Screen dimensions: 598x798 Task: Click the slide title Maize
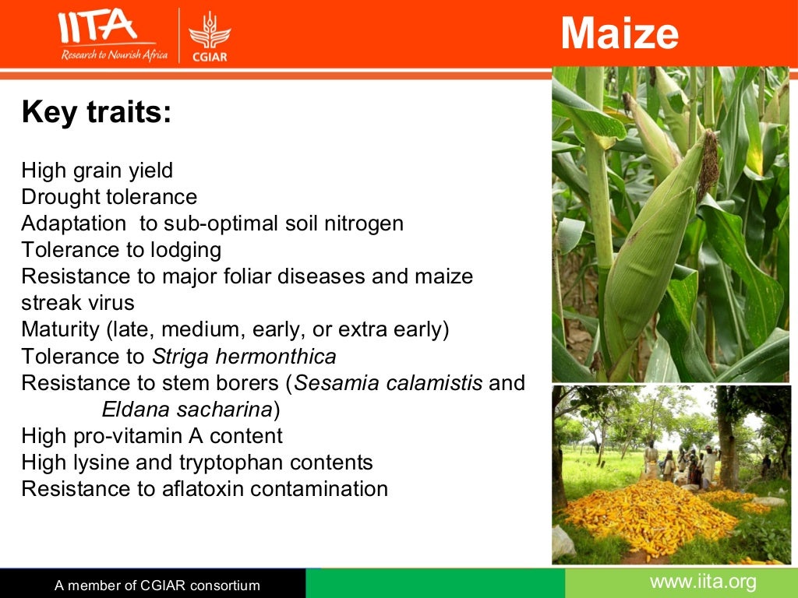pyautogui.click(x=620, y=33)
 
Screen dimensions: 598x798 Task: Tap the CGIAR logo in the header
pyautogui.click(x=210, y=36)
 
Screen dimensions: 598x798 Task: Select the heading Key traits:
pyautogui.click(x=96, y=112)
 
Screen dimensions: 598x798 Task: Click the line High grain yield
pyautogui.click(x=97, y=170)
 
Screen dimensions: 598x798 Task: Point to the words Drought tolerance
pyautogui.click(x=109, y=197)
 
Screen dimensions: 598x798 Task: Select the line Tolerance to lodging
pyautogui.click(x=122, y=250)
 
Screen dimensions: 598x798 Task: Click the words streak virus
pyautogui.click(x=78, y=302)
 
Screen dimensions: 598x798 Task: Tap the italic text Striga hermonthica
pyautogui.click(x=244, y=357)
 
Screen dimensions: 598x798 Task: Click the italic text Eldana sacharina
pyautogui.click(x=187, y=410)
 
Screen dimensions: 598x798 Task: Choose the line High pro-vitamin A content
pyautogui.click(x=152, y=436)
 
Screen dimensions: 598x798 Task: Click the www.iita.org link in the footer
pyautogui.click(x=703, y=582)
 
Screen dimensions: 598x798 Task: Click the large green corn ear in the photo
pyautogui.click(x=653, y=249)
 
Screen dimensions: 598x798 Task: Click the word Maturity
pyautogui.click(x=60, y=329)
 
